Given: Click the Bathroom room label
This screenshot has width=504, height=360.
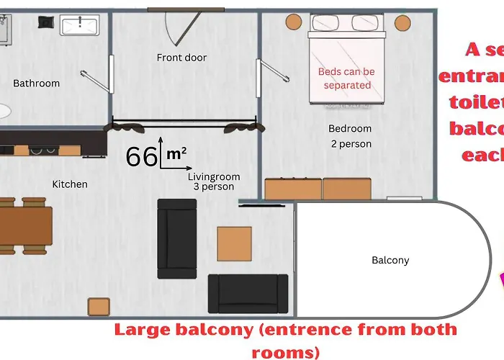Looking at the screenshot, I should [36, 84].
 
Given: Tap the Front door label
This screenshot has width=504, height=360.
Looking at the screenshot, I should [181, 58].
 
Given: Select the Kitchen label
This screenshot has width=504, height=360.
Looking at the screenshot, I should [70, 184].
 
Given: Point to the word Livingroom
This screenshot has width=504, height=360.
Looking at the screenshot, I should [214, 176].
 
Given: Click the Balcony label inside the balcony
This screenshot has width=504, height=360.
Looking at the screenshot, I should [390, 261].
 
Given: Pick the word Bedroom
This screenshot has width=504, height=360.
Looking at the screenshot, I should [350, 129].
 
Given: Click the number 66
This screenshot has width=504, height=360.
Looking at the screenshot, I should [141, 156].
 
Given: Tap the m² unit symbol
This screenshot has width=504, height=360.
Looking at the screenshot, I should [176, 153].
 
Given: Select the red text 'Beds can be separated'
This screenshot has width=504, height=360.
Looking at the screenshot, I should [346, 78].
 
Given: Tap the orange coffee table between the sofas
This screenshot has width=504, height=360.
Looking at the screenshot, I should [235, 243].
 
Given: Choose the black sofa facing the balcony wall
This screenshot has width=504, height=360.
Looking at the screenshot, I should [176, 238].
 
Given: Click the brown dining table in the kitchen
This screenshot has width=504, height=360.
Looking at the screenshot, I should [25, 226].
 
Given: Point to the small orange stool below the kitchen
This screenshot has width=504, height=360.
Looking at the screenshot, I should [99, 306].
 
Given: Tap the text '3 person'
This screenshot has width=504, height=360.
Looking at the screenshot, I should [214, 187].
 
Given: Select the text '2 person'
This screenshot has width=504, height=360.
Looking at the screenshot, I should [351, 144].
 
